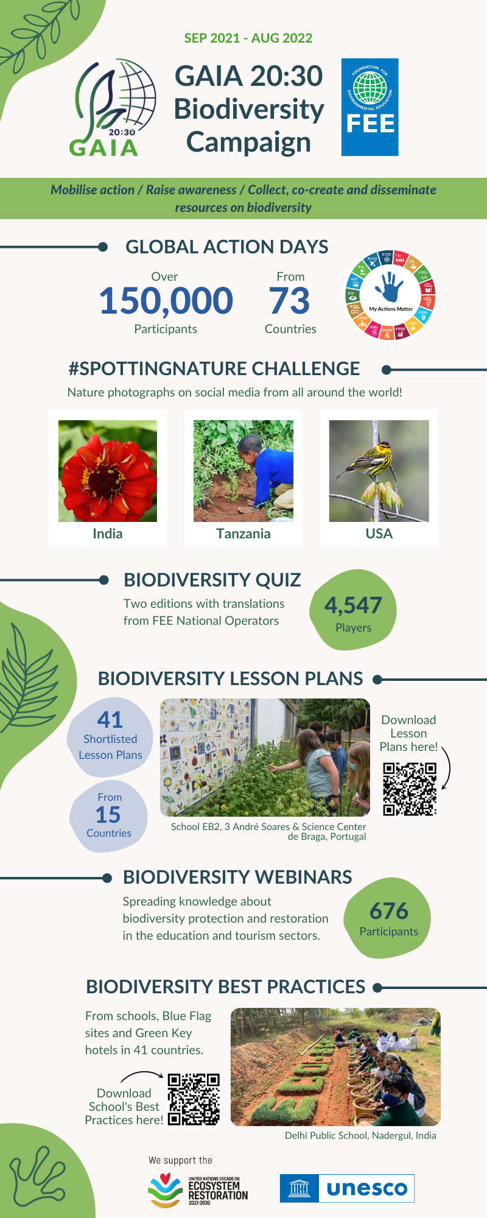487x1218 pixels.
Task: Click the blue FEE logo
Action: point(370,107)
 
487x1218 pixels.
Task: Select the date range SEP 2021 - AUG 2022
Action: point(248,38)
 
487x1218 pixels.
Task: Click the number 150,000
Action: point(166,301)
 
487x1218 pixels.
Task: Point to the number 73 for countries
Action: point(290,301)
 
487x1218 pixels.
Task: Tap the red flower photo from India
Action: point(108,471)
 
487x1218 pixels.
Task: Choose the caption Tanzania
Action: point(243,533)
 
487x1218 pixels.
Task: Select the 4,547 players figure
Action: point(353,605)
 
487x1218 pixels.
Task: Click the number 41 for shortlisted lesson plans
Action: point(110,720)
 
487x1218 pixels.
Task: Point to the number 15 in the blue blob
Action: point(108,815)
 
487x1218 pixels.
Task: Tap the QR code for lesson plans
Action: point(410,789)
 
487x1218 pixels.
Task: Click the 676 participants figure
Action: point(388,911)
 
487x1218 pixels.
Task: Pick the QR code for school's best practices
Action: point(194,1099)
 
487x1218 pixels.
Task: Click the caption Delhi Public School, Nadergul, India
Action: point(360,1135)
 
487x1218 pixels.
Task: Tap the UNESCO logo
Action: point(347,1188)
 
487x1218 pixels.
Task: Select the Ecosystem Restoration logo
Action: point(198,1190)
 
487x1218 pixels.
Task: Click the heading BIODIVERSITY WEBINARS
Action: point(237,877)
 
